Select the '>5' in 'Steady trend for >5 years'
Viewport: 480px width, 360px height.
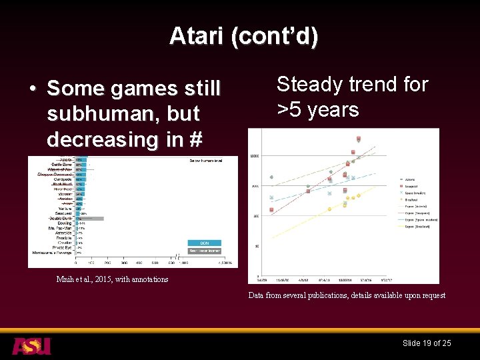coord(291,109)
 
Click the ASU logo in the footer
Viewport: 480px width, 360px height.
coord(31,346)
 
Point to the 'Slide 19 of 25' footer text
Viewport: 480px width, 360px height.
coord(427,343)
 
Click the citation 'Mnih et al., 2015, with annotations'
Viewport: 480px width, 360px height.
coord(112,279)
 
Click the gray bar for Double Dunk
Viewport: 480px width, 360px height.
coord(89,218)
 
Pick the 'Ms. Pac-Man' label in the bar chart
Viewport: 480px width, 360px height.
coord(58,228)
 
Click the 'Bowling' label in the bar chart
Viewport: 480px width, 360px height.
coord(64,223)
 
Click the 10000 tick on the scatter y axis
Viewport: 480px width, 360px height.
coord(255,156)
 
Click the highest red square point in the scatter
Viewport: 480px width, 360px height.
coord(359,139)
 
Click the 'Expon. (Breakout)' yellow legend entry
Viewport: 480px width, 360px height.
coord(415,227)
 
